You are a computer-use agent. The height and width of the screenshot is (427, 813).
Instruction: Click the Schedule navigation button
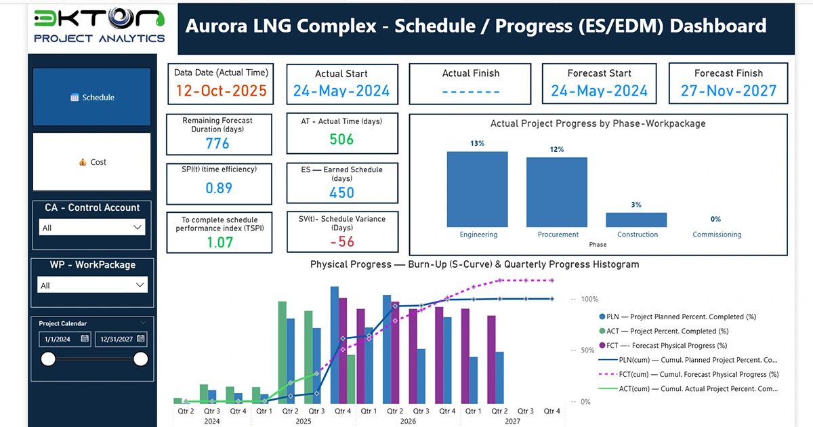click(x=92, y=97)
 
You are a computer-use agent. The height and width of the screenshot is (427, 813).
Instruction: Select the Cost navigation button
click(x=92, y=162)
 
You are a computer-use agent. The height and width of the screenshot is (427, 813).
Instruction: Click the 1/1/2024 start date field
click(x=65, y=339)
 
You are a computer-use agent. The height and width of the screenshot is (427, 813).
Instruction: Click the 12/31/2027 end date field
click(x=121, y=339)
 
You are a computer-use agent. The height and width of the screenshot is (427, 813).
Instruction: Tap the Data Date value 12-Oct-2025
click(x=221, y=91)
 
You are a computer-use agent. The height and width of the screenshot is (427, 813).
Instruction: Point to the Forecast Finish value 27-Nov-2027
click(x=728, y=91)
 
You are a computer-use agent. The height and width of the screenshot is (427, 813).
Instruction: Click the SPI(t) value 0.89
click(x=219, y=188)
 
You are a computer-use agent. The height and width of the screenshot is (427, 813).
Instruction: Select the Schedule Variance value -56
click(x=341, y=242)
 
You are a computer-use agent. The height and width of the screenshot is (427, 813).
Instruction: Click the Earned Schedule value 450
click(x=341, y=192)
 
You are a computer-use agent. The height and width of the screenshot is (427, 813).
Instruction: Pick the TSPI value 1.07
click(x=219, y=242)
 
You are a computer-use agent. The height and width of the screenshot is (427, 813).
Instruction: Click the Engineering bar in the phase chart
click(x=477, y=189)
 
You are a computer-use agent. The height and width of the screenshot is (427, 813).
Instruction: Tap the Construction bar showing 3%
click(x=636, y=220)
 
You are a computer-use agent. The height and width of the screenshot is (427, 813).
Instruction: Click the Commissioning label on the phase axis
click(x=717, y=235)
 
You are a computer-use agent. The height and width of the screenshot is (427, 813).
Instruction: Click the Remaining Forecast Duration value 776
click(x=217, y=143)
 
